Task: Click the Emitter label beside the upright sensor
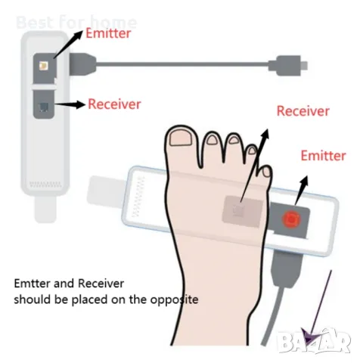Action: pyautogui.click(x=108, y=33)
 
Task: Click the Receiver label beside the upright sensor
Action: pyautogui.click(x=114, y=104)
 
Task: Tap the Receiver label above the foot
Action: pyautogui.click(x=303, y=111)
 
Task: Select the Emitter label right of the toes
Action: pyautogui.click(x=323, y=156)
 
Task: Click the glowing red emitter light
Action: pyautogui.click(x=291, y=219)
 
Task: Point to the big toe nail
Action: pyautogui.click(x=181, y=138)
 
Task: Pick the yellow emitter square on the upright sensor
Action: pyautogui.click(x=44, y=66)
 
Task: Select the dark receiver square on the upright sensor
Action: pyautogui.click(x=43, y=107)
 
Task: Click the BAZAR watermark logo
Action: pyautogui.click(x=314, y=340)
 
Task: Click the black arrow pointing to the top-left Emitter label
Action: pyautogui.click(x=68, y=45)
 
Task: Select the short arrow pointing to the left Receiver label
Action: pyautogui.click(x=70, y=104)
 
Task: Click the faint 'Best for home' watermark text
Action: pyautogui.click(x=76, y=22)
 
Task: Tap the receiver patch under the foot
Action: pyautogui.click(x=242, y=209)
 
